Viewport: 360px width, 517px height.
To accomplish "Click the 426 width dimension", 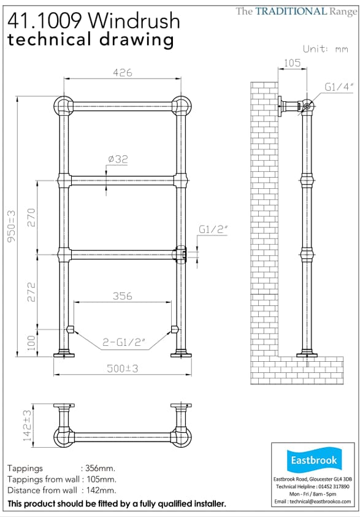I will (122, 72).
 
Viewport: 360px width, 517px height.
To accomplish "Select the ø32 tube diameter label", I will (117, 159).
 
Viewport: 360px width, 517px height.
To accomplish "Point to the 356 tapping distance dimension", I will (122, 296).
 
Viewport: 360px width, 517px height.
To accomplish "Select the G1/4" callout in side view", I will (339, 88).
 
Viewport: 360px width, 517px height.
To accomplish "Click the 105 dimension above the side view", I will (292, 61).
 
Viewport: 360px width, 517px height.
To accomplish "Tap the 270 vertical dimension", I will (32, 216).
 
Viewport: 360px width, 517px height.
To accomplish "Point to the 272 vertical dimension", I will (32, 290).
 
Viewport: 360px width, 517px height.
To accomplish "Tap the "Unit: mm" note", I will (325, 48).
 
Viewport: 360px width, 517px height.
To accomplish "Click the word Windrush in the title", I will (135, 21).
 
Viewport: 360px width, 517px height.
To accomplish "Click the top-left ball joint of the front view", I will (63, 105).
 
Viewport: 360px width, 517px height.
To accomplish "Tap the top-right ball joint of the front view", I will (180, 105).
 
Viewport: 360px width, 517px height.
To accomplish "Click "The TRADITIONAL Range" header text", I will (296, 11).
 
